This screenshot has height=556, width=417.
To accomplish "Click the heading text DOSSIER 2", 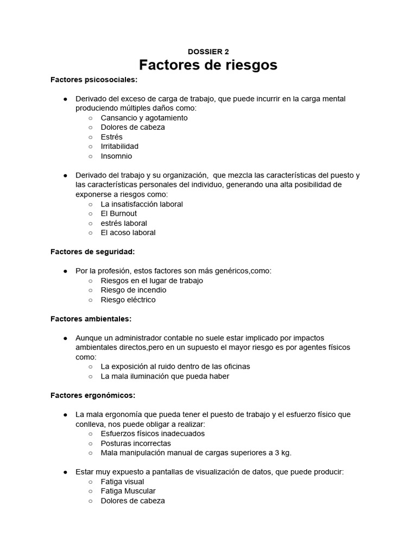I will [x=208, y=52].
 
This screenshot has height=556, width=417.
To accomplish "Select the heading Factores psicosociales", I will [x=94, y=80].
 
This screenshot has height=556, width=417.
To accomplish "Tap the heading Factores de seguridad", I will [x=92, y=251].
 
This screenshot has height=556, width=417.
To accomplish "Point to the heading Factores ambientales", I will [x=91, y=319].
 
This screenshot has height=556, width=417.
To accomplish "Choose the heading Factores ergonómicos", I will [x=93, y=395].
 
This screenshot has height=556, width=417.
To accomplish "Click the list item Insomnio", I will [x=116, y=156].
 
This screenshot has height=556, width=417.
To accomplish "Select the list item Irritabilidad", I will [x=119, y=146].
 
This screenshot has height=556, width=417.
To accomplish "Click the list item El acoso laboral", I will [x=128, y=232].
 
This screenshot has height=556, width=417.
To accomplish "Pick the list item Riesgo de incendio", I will [x=134, y=290].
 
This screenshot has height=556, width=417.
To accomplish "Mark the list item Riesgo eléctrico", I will [x=128, y=300].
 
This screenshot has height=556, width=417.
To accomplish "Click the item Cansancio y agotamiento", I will [x=144, y=118].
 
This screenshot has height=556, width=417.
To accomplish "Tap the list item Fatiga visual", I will [x=123, y=482].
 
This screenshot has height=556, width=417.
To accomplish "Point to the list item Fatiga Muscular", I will [x=128, y=491].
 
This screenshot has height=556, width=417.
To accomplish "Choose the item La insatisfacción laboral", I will [x=142, y=204].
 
